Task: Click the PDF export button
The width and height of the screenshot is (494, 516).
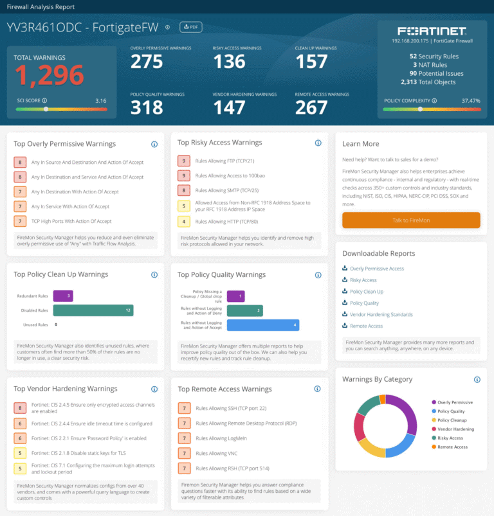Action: tap(190, 27)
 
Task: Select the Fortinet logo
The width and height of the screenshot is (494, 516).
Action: tap(432, 31)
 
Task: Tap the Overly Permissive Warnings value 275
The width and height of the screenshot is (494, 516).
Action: tap(147, 61)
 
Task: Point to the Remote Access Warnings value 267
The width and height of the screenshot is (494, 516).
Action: tap(311, 108)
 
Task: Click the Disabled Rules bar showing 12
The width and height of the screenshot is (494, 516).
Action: tap(93, 310)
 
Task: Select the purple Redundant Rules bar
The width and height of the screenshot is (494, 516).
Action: tap(62, 296)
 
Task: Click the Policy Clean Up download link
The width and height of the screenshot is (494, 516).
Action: tap(366, 292)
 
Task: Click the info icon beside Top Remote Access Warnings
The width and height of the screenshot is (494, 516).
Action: tap(318, 389)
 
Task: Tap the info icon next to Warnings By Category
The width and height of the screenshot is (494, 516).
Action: tap(477, 379)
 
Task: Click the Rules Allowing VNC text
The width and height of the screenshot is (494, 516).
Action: tap(212, 454)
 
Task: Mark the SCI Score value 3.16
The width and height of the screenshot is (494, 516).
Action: tap(100, 101)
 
